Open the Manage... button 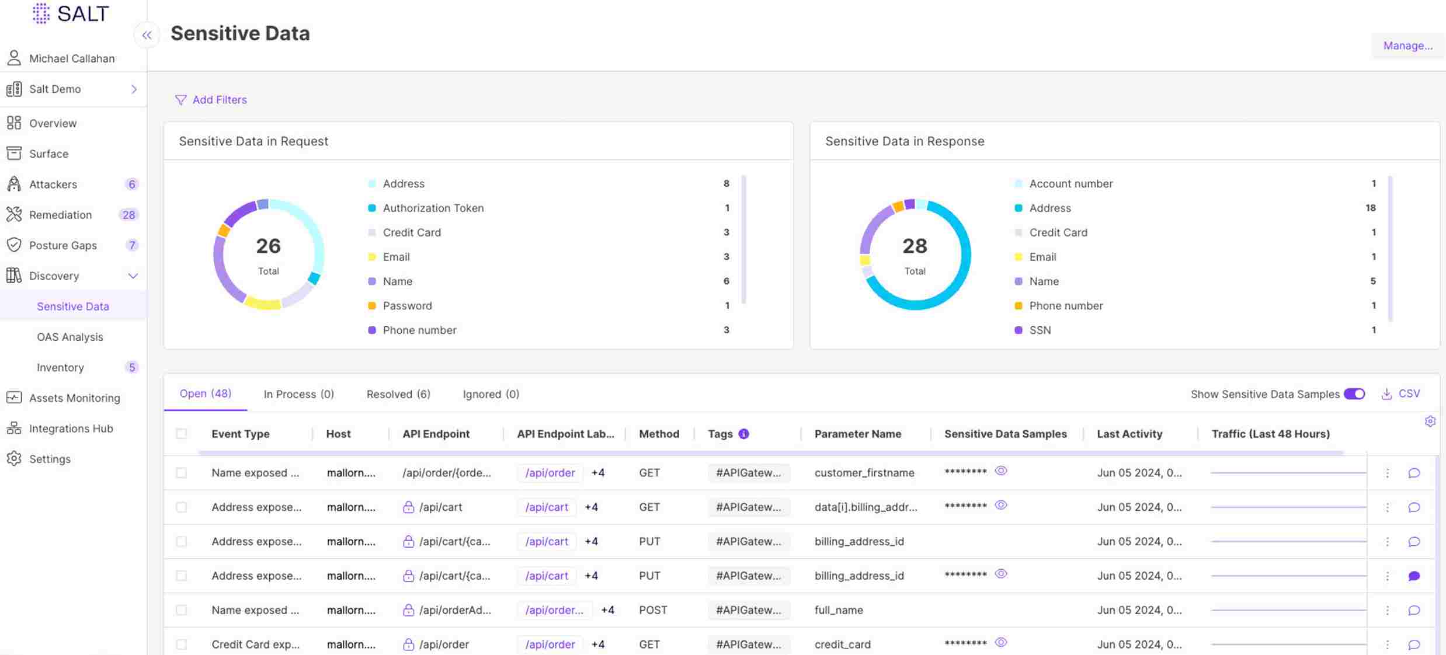(x=1407, y=46)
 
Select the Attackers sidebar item (x=53, y=184)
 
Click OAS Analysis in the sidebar (x=69, y=337)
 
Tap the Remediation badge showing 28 (x=128, y=215)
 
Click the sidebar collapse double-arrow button (x=147, y=35)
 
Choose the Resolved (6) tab (x=398, y=394)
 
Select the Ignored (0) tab (x=491, y=394)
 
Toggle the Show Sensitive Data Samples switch (x=1354, y=394)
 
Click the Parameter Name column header (x=857, y=434)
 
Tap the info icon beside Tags (x=743, y=434)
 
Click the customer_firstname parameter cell (x=864, y=473)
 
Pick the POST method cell (x=652, y=610)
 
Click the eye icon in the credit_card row (x=1000, y=642)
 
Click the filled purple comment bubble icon (x=1413, y=576)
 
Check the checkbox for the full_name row (x=182, y=610)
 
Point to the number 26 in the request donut (x=268, y=246)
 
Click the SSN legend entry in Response (x=1040, y=330)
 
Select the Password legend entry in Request (x=407, y=306)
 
